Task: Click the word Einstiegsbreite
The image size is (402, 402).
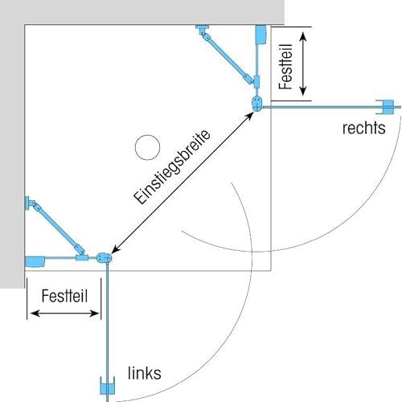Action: click(x=172, y=167)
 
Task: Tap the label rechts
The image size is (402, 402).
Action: click(x=364, y=128)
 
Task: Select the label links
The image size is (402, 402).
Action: click(x=145, y=373)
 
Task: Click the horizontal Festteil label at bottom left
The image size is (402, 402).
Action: click(x=64, y=296)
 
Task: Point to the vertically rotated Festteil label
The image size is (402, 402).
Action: click(x=285, y=67)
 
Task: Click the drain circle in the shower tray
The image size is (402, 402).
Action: click(x=147, y=147)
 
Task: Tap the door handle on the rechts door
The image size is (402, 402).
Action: click(x=386, y=107)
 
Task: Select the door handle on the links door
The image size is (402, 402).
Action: click(x=108, y=385)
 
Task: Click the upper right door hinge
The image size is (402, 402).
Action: click(x=256, y=104)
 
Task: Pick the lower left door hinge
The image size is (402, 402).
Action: click(x=104, y=258)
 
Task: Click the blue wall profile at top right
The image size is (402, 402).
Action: click(x=260, y=35)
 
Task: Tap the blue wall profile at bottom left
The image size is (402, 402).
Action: click(x=35, y=261)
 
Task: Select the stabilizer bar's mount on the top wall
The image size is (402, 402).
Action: click(x=202, y=29)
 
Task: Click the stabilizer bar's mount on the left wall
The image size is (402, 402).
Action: click(x=29, y=203)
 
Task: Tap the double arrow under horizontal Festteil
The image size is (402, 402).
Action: click(x=64, y=314)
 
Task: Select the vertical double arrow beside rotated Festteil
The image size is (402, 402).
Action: click(x=303, y=64)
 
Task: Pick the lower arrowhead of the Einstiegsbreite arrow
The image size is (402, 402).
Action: click(x=115, y=249)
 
